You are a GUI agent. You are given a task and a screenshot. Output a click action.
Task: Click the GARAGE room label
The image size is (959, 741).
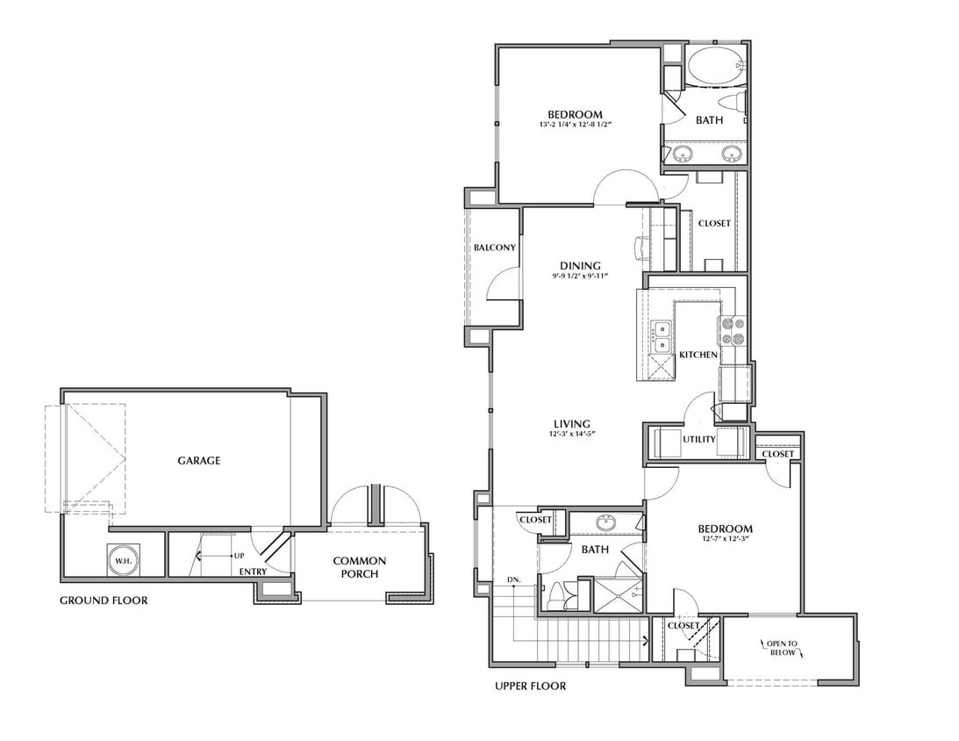pyautogui.click(x=199, y=460)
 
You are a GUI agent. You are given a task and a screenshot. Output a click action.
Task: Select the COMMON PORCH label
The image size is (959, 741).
pyautogui.click(x=359, y=567)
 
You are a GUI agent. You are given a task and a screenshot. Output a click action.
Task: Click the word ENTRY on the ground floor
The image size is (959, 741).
pyautogui.click(x=254, y=572)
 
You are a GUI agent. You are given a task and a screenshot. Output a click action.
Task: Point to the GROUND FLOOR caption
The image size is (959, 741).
pyautogui.click(x=103, y=601)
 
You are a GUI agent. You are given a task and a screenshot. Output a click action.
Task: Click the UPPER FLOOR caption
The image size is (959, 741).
pyautogui.click(x=530, y=686)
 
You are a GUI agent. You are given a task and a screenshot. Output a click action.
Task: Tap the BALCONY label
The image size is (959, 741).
pyautogui.click(x=494, y=248)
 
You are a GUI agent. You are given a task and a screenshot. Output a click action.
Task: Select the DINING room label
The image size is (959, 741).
pyautogui.click(x=580, y=266)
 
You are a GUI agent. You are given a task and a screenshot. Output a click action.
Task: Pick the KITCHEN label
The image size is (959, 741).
pyautogui.click(x=698, y=355)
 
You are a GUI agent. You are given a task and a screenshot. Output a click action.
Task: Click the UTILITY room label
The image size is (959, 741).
pyautogui.click(x=698, y=439)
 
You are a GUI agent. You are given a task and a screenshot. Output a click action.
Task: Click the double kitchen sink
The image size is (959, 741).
pyautogui.click(x=661, y=331)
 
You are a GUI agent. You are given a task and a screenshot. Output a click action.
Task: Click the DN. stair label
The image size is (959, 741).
pyautogui.click(x=514, y=579)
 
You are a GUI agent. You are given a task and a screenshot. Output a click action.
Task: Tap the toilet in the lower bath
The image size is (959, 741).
pyautogui.click(x=558, y=596)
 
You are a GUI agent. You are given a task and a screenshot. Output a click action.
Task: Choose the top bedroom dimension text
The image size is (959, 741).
pyautogui.click(x=575, y=126)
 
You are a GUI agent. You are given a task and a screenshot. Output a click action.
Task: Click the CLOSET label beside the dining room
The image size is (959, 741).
pyautogui.click(x=714, y=223)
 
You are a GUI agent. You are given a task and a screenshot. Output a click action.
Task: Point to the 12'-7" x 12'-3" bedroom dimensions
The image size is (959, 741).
pyautogui.click(x=725, y=540)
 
